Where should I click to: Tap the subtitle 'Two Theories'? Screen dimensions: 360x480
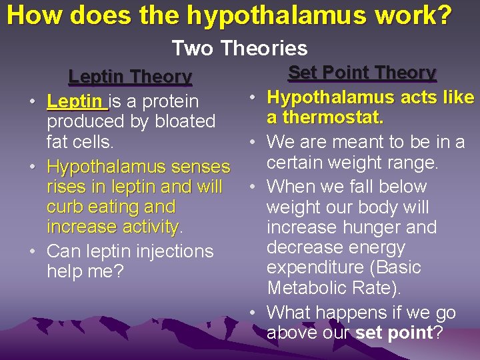(239, 48)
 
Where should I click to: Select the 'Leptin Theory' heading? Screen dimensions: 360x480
(130, 77)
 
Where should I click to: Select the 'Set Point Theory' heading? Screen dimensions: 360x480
(362, 73)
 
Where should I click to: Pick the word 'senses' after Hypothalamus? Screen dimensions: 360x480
(200, 167)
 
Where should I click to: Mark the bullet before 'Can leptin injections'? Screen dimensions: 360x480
(32, 252)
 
